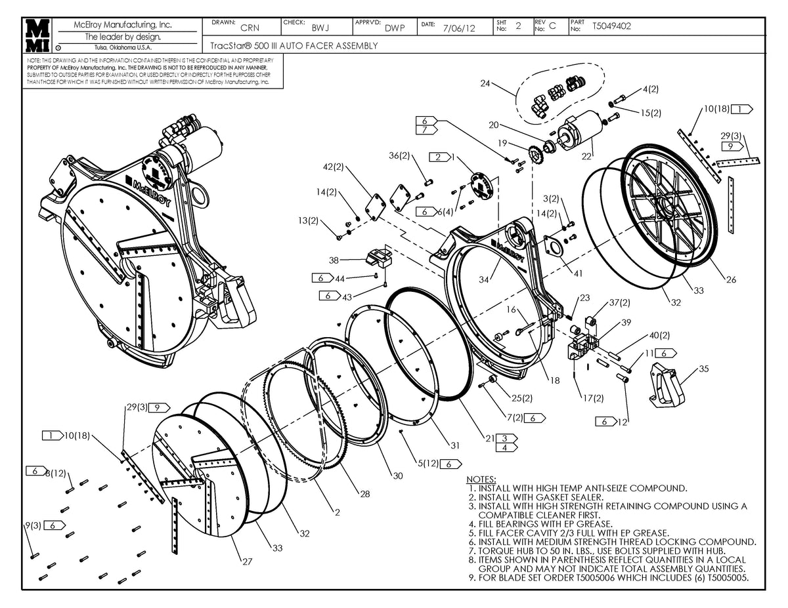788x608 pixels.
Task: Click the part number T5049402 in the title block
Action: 611,27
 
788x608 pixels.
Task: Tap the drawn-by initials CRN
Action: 250,28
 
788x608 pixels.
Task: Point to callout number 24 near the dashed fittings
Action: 485,83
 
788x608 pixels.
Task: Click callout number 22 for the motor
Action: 586,156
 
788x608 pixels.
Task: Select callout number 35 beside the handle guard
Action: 703,369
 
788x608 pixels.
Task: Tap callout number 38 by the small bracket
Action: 334,260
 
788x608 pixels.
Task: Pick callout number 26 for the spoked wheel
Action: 730,279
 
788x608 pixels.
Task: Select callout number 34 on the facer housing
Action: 485,280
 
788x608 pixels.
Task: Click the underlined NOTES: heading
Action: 481,480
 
